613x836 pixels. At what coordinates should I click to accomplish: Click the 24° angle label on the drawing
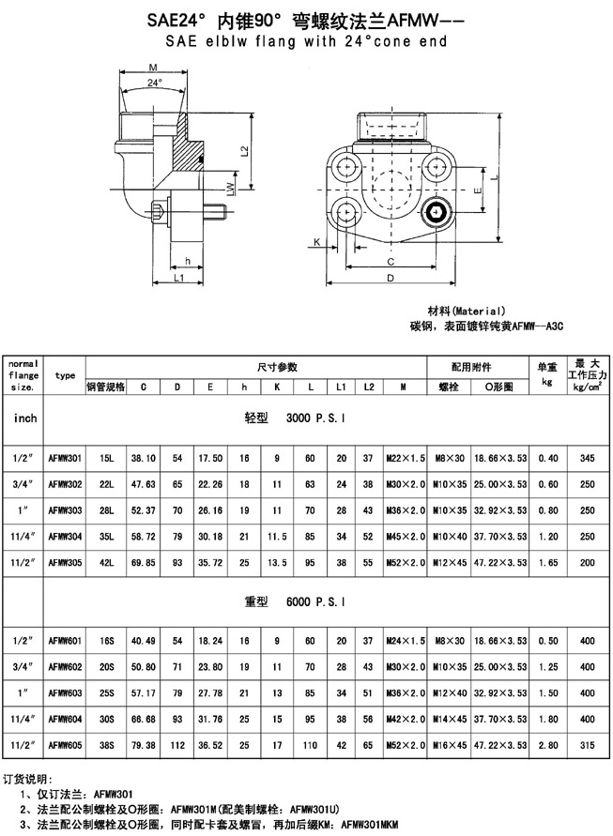154,83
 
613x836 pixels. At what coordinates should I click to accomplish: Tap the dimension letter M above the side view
153,68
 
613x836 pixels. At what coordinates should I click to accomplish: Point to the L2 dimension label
245,151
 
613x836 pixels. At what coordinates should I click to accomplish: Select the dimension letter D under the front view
391,278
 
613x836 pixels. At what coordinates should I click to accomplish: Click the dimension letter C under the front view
391,262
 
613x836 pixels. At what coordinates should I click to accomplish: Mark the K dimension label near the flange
317,242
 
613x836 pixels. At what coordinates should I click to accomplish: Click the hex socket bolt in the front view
437,213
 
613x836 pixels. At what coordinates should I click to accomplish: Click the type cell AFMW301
65,458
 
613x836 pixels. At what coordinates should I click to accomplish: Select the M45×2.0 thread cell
406,537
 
